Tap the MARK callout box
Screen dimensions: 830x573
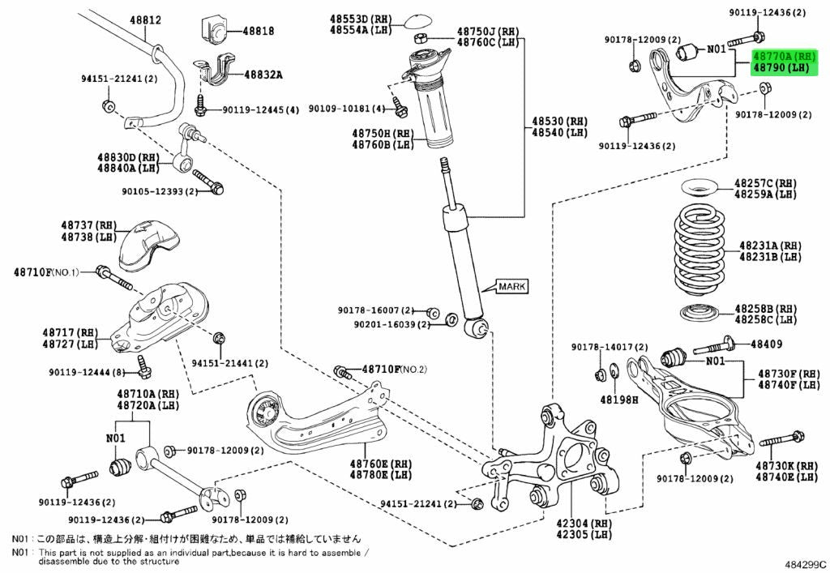click(512, 286)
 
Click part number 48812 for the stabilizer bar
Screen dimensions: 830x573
click(146, 20)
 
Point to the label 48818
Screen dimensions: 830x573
click(259, 31)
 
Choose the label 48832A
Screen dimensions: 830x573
click(263, 75)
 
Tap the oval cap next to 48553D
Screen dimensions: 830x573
click(419, 20)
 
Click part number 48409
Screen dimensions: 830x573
click(766, 344)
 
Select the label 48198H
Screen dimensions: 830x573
click(619, 400)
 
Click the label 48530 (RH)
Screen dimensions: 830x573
click(559, 121)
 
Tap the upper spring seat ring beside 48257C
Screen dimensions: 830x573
click(698, 188)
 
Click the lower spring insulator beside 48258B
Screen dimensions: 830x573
click(701, 312)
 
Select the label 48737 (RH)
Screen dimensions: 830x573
click(89, 226)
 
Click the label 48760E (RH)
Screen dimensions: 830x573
click(381, 464)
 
